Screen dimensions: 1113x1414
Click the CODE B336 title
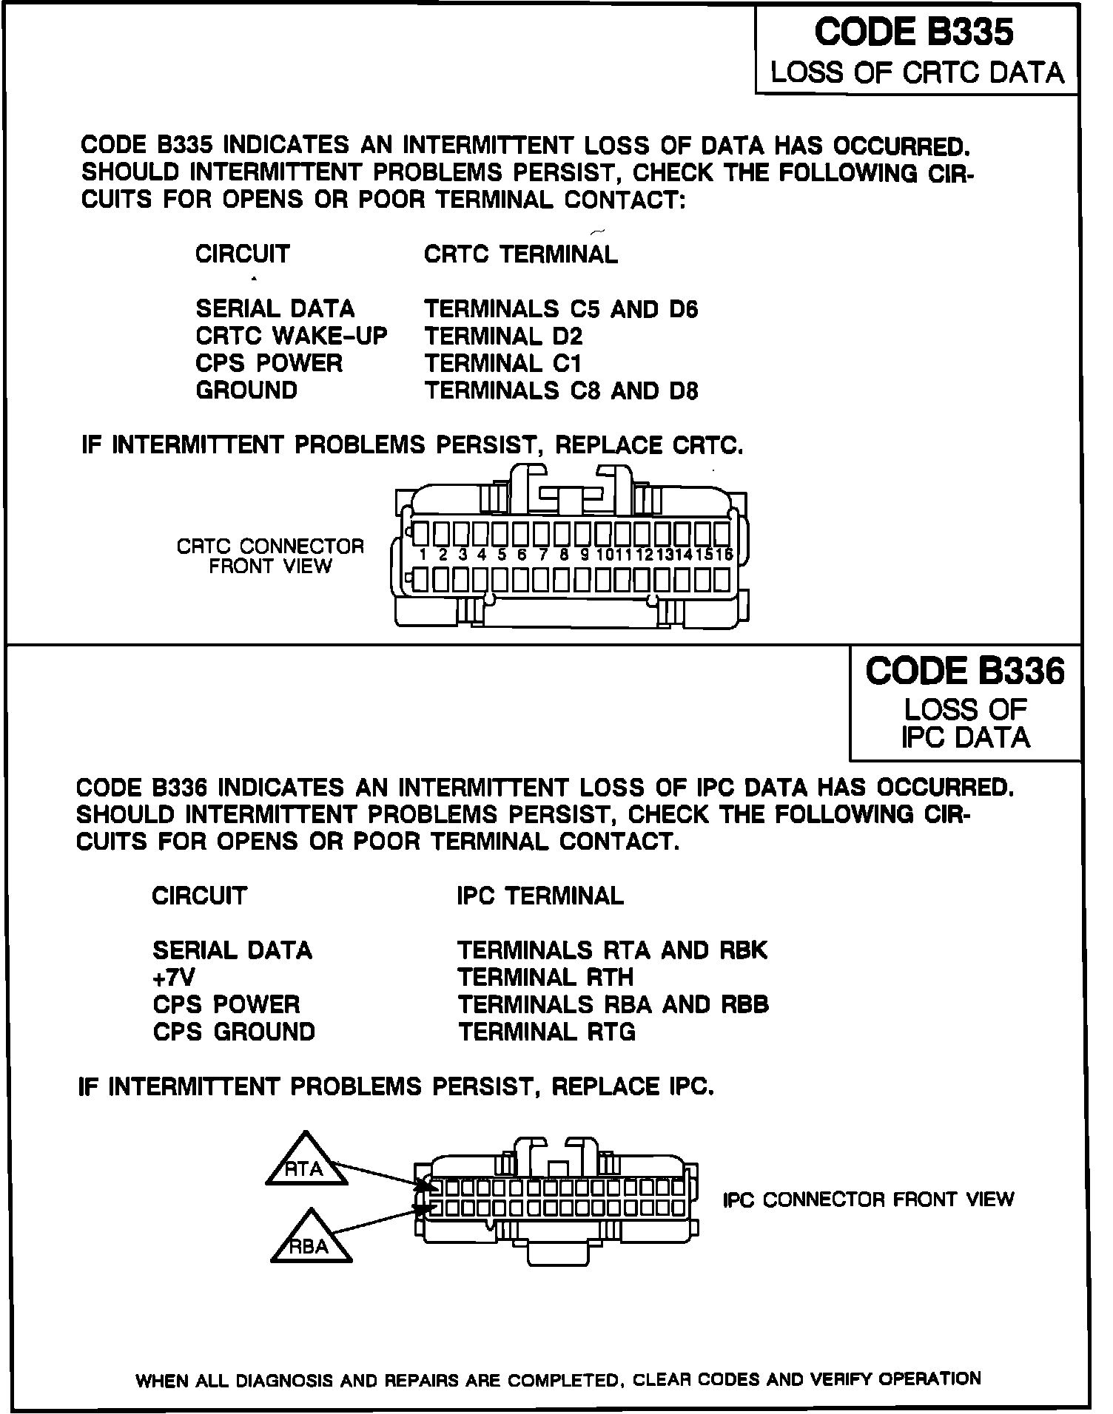(x=965, y=671)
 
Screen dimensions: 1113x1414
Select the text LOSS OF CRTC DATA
(x=917, y=72)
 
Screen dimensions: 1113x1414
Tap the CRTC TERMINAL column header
(x=520, y=254)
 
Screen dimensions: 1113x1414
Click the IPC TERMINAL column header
(x=540, y=896)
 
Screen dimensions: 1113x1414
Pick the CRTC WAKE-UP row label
(x=291, y=336)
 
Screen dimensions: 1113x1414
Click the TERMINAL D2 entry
(x=503, y=336)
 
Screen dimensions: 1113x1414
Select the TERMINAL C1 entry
(x=503, y=363)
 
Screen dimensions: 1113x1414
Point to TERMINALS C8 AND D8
(x=561, y=390)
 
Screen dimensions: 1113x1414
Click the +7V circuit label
(x=174, y=977)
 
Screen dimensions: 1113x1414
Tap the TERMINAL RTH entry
(x=545, y=977)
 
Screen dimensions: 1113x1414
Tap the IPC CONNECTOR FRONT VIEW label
(x=868, y=1199)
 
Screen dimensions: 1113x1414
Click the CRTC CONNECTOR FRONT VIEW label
(x=270, y=556)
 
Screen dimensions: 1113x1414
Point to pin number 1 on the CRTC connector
(x=422, y=555)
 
